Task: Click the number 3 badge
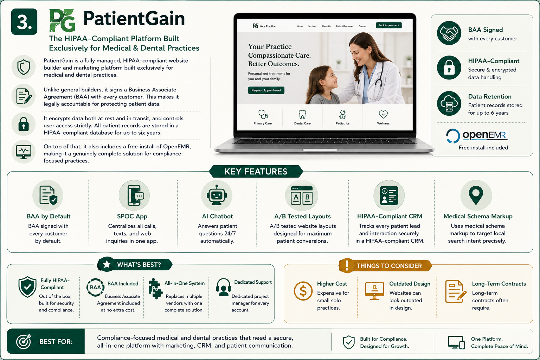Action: pos(24,22)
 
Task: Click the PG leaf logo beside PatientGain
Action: pos(62,20)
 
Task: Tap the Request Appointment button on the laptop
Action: pos(266,90)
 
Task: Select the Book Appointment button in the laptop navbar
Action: pos(388,25)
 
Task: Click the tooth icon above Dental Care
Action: pos(302,114)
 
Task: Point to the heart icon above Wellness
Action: pos(383,114)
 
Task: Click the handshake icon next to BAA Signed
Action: pos(449,33)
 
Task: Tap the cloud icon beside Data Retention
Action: pos(449,103)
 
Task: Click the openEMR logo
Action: pos(477,135)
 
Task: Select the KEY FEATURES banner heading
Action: pos(256,172)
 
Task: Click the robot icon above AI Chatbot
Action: pos(217,195)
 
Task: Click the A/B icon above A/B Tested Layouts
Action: pos(302,195)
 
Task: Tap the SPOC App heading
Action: pos(132,216)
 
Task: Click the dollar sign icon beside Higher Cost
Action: pos(303,291)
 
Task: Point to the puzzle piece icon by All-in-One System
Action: pos(155,289)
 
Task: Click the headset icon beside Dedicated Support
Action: pos(224,287)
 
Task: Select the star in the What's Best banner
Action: pos(107,264)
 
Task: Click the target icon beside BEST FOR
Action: pos(24,341)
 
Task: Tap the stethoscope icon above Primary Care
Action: pos(263,114)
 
